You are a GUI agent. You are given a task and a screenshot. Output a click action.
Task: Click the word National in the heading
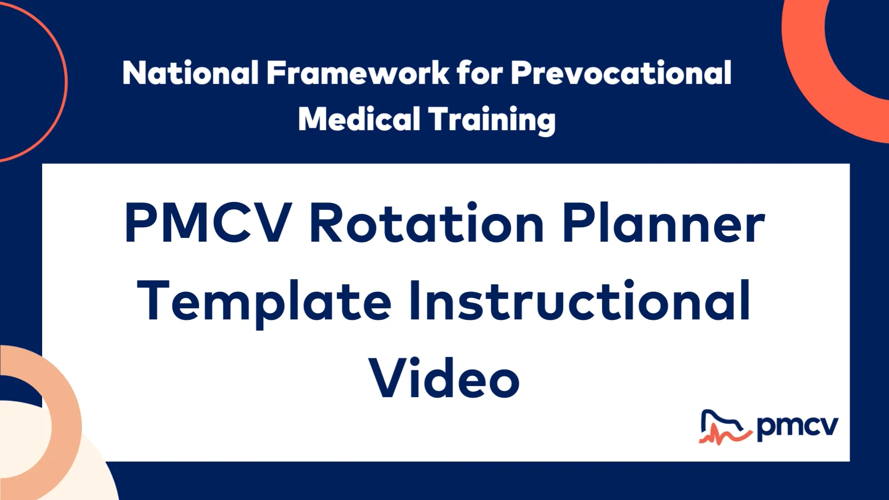coord(190,73)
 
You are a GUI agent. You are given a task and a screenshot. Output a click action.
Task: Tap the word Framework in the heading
coord(357,73)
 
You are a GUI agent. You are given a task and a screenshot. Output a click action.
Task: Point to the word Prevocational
coord(621,73)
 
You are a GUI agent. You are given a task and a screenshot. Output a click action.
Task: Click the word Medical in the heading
coord(359,119)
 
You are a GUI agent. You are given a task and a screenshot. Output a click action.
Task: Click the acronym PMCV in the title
coord(208,223)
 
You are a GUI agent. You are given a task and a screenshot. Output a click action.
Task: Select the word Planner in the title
coord(663,223)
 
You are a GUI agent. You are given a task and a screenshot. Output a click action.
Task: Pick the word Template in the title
coord(264,301)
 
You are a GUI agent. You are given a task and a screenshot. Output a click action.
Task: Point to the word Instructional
coord(579,301)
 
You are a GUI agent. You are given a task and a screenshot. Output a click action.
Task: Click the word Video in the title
coord(444,379)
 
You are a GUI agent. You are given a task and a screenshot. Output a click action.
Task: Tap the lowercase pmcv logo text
coord(797,427)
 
